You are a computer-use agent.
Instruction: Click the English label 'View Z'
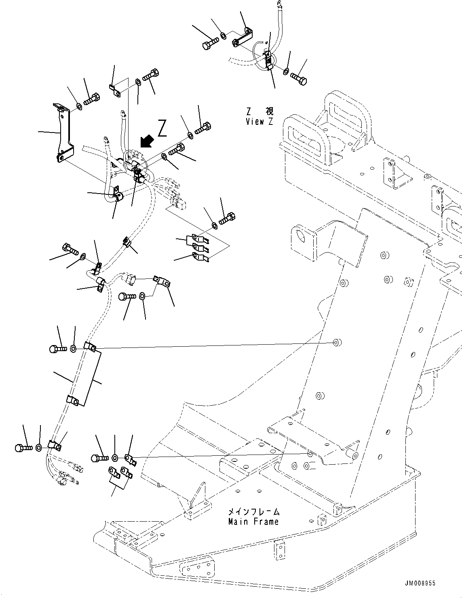(x=259, y=121)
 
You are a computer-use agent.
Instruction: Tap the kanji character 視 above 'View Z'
(x=269, y=111)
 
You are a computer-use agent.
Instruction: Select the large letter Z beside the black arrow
(x=162, y=128)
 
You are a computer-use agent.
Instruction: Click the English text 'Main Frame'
(x=253, y=522)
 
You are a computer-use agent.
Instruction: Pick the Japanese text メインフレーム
(x=254, y=512)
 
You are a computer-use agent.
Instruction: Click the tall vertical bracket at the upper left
(x=64, y=133)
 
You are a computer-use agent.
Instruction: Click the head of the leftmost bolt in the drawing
(x=19, y=448)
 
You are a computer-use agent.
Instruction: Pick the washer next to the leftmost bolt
(x=39, y=447)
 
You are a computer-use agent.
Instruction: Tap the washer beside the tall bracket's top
(x=78, y=107)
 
